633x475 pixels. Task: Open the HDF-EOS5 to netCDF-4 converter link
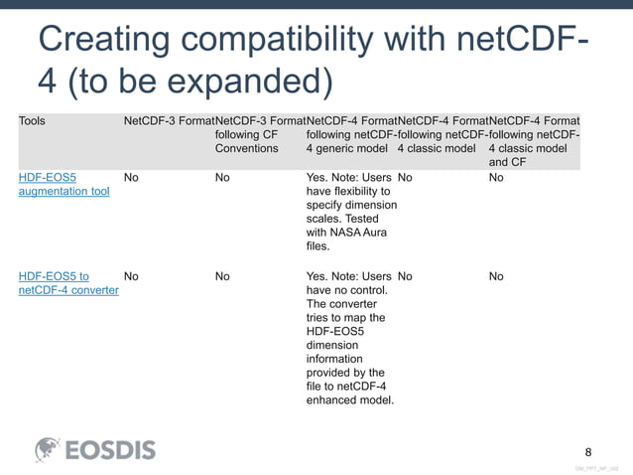pyautogui.click(x=68, y=283)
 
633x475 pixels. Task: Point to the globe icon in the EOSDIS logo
pyautogui.click(x=49, y=450)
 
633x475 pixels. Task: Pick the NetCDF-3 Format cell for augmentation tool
pyautogui.click(x=131, y=177)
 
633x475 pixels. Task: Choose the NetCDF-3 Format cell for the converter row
pyautogui.click(x=131, y=276)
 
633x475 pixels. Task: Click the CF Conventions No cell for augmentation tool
pyautogui.click(x=222, y=177)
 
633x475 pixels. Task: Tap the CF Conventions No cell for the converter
pyautogui.click(x=222, y=276)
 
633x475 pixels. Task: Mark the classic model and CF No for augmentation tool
pyautogui.click(x=496, y=177)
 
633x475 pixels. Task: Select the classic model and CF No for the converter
pyautogui.click(x=496, y=276)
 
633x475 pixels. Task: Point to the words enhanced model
pyautogui.click(x=350, y=400)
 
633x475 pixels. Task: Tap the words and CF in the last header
pyautogui.click(x=507, y=163)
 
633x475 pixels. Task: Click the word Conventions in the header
pyautogui.click(x=247, y=149)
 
